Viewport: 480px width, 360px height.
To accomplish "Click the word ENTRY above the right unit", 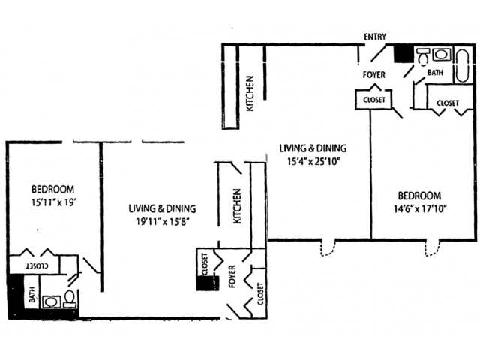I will pyautogui.click(x=374, y=37).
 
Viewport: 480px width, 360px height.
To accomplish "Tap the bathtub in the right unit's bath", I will pyautogui.click(x=462, y=66).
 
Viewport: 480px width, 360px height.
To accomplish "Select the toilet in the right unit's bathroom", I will pyautogui.click(x=423, y=56).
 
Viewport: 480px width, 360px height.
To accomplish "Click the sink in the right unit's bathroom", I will pyautogui.click(x=440, y=55).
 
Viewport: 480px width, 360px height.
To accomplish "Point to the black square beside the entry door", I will pyautogui.click(x=403, y=53).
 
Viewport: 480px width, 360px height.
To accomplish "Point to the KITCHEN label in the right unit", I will pyautogui.click(x=250, y=94).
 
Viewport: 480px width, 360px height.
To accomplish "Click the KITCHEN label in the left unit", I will pyautogui.click(x=237, y=206).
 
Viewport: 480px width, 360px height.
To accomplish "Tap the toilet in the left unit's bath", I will pyautogui.click(x=69, y=299).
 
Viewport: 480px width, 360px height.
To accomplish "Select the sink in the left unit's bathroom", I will pyautogui.click(x=51, y=301).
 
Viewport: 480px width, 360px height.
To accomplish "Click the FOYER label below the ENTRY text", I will pyautogui.click(x=373, y=74).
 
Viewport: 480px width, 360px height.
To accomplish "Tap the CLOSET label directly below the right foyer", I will pyautogui.click(x=374, y=99).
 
